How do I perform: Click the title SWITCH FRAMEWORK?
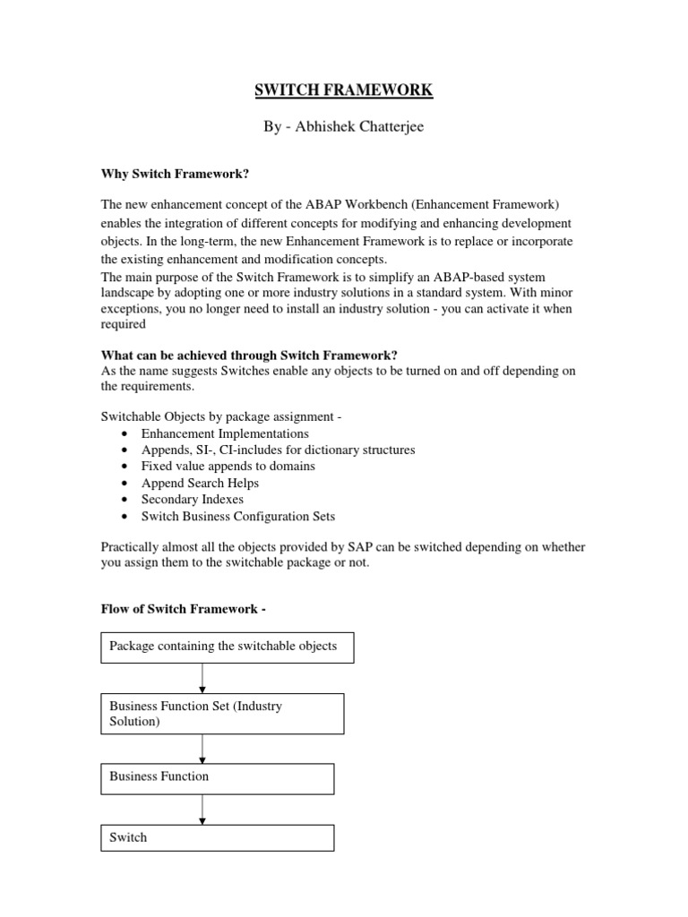(x=344, y=90)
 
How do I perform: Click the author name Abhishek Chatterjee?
(x=344, y=127)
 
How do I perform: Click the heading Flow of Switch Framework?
(x=183, y=609)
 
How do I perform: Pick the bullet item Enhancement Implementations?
(x=225, y=433)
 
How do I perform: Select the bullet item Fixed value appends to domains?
(x=228, y=466)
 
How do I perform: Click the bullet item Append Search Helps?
(x=200, y=483)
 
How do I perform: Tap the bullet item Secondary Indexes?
(x=192, y=499)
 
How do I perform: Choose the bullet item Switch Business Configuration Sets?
(x=238, y=516)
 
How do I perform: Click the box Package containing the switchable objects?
(x=228, y=647)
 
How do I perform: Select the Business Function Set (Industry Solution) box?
(x=223, y=714)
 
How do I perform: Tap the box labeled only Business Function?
(x=218, y=778)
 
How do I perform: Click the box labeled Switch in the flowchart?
(x=218, y=837)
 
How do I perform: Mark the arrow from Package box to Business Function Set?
(x=203, y=678)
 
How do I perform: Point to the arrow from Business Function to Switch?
(x=203, y=810)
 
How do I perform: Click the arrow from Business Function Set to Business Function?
(x=203, y=749)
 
